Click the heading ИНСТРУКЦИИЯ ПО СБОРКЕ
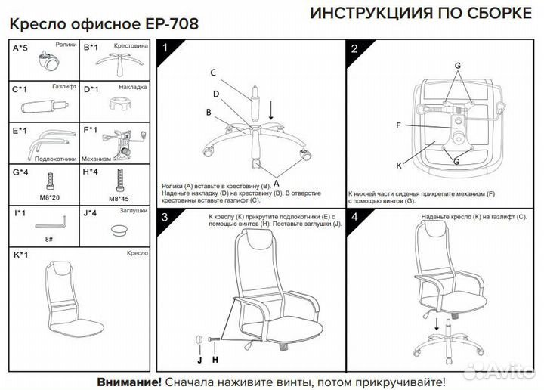[420, 14]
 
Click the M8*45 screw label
[119, 198]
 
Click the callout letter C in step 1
[213, 73]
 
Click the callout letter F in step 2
[398, 125]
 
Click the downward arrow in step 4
[437, 325]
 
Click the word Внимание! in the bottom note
[128, 382]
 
